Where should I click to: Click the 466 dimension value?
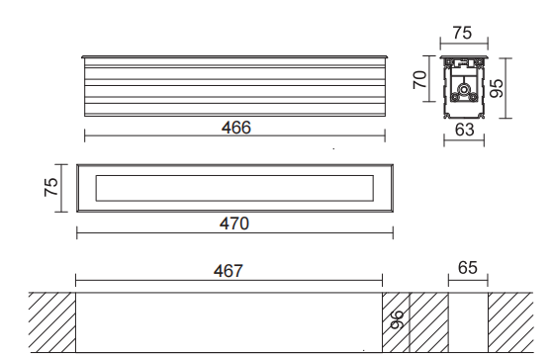(235, 128)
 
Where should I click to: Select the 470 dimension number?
(234, 224)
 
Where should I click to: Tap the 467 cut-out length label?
(229, 271)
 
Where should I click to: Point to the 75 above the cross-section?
(462, 33)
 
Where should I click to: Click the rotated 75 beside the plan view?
(51, 187)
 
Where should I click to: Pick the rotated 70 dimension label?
(419, 80)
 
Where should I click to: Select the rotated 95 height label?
(497, 88)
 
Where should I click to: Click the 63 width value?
(464, 130)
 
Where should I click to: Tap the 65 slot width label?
(468, 268)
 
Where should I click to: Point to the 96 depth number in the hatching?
(398, 319)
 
